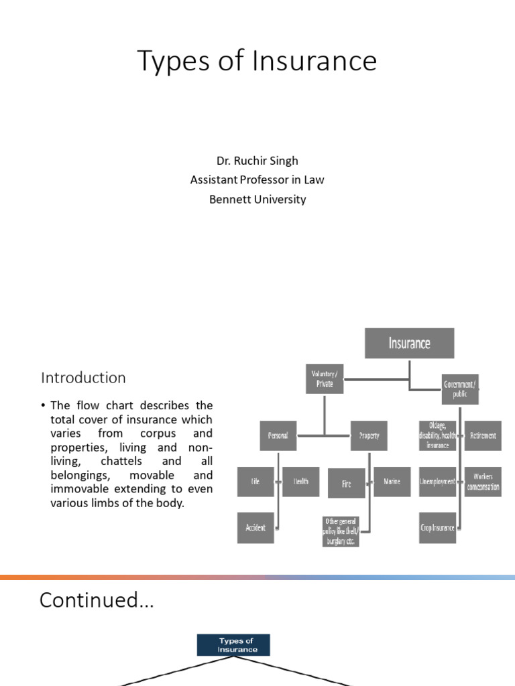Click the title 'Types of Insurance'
click(257, 62)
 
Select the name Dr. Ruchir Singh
click(257, 161)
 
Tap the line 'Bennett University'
click(257, 199)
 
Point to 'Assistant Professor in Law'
click(257, 180)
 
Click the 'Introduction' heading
click(83, 378)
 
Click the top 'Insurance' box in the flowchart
click(409, 343)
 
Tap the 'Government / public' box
click(460, 389)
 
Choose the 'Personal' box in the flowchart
click(278, 435)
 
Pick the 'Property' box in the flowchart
click(369, 435)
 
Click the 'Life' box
click(255, 482)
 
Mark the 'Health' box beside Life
click(300, 482)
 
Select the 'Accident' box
click(255, 527)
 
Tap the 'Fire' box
click(346, 483)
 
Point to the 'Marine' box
click(392, 482)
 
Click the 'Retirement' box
click(483, 435)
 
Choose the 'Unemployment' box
click(437, 482)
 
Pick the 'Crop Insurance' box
click(437, 527)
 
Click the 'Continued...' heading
click(97, 600)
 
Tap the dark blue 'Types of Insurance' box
click(233, 645)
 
